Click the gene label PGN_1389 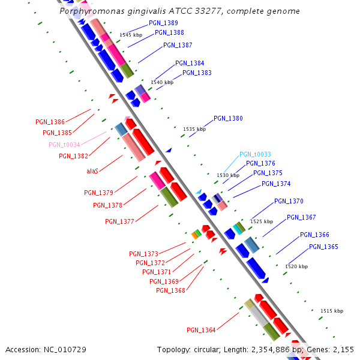point(163,23)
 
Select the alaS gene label point(92,171)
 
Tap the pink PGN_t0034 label point(64,145)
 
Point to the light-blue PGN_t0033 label point(255,154)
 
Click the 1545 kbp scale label point(131,35)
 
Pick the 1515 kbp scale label point(332,311)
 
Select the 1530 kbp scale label point(227,175)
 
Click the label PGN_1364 point(201,330)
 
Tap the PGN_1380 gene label point(228,118)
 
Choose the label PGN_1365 point(323,247)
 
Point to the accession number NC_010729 point(65,349)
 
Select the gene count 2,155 point(343,349)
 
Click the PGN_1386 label point(50,122)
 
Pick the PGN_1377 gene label point(119,221)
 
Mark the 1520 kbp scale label point(296,266)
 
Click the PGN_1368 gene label point(170,290)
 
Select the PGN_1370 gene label point(289,201)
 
